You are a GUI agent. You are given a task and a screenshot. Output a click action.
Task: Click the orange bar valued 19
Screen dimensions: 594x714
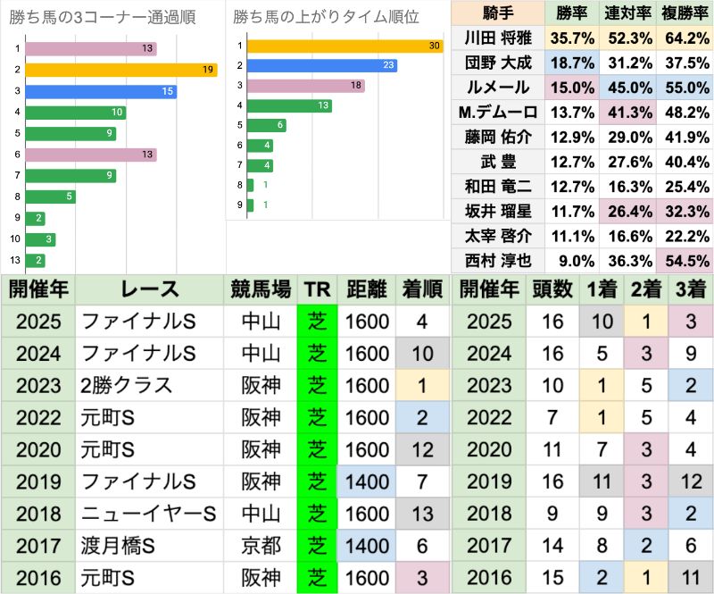121,70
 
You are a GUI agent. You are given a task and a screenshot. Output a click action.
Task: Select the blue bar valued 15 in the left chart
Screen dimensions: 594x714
101,91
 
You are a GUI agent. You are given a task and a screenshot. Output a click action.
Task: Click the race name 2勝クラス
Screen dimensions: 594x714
125,385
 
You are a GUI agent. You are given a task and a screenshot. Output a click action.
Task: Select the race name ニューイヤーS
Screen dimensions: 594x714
148,514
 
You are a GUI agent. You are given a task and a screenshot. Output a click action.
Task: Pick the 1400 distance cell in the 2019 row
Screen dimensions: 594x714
366,481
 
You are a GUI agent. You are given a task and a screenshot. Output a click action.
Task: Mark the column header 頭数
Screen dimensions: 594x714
553,289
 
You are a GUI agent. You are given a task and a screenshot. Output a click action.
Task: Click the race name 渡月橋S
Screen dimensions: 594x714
124,546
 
